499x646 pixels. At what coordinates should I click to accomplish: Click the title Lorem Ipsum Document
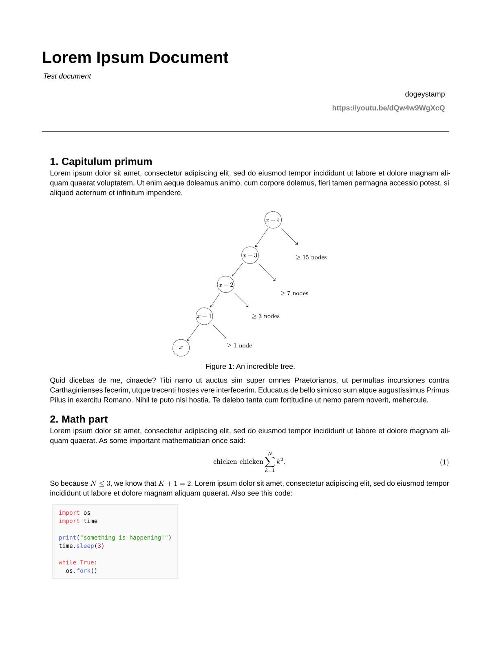click(135, 58)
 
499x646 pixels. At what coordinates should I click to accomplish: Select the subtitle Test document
click(67, 76)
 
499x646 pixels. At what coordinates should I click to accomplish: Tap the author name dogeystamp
click(424, 94)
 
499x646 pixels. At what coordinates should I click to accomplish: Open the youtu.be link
click(388, 108)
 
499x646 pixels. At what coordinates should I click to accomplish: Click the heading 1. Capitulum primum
click(101, 161)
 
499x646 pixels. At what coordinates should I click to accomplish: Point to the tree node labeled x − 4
click(273, 220)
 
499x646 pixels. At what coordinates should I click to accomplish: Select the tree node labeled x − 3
click(250, 255)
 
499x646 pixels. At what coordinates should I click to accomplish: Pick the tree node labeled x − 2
click(226, 285)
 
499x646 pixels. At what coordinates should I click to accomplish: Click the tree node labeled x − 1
click(204, 316)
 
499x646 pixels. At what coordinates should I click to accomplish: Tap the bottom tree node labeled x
click(181, 347)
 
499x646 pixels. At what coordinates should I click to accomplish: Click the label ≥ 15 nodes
click(311, 257)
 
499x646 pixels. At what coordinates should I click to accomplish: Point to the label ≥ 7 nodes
click(294, 293)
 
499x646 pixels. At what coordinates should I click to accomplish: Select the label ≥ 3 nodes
click(266, 316)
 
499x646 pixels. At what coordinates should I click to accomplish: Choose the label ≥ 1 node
click(239, 345)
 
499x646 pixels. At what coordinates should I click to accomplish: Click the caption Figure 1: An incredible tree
click(250, 366)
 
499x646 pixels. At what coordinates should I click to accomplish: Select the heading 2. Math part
click(79, 419)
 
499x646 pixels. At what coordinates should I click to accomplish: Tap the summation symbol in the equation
click(270, 462)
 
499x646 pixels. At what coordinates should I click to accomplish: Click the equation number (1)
click(444, 462)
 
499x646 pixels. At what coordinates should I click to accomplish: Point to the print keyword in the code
click(67, 538)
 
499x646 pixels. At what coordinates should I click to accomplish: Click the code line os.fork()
click(82, 571)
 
